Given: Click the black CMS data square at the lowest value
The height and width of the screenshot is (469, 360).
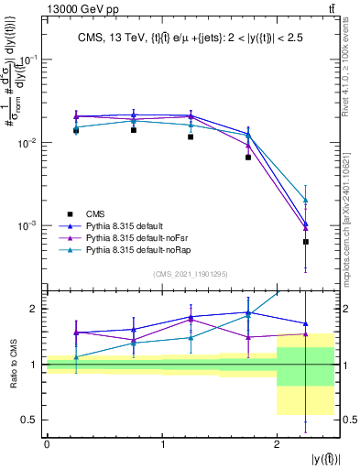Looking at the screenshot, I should coord(306,242).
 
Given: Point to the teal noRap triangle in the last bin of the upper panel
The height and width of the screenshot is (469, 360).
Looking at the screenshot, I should coord(306,200).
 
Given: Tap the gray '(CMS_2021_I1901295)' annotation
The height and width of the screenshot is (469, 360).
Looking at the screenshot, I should coord(191,274).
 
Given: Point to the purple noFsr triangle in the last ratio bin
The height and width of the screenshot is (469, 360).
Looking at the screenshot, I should coord(306,334).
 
